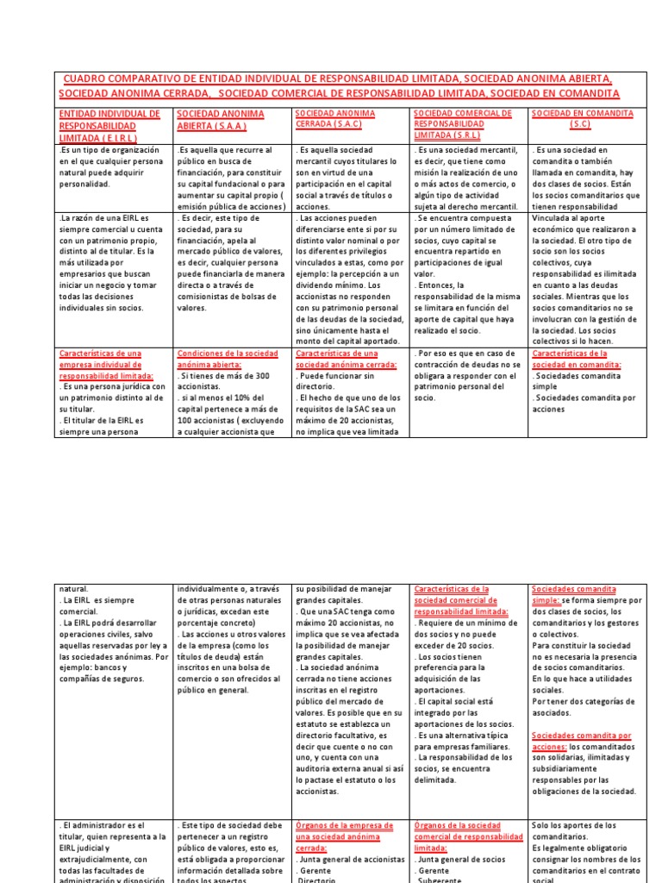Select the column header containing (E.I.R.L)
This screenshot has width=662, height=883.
[108, 126]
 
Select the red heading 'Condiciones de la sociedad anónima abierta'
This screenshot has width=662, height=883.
[226, 359]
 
